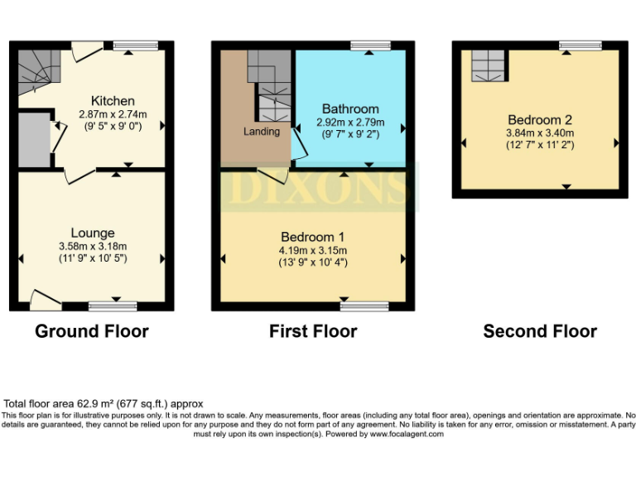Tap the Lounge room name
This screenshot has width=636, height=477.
93,233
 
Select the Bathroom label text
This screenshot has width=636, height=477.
350,108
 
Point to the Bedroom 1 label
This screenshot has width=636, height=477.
312,237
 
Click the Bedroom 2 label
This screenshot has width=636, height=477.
539,119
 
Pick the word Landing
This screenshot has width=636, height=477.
261,131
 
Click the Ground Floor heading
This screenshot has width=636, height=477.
92,331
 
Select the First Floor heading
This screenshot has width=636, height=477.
313,331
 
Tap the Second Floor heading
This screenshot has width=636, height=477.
540,331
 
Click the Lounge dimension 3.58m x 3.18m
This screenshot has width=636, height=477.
93,246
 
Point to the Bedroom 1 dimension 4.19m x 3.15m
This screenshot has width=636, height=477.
312,250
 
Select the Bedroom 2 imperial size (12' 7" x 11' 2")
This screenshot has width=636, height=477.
539,145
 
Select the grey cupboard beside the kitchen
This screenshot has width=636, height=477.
33,138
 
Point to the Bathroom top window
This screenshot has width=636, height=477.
369,46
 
